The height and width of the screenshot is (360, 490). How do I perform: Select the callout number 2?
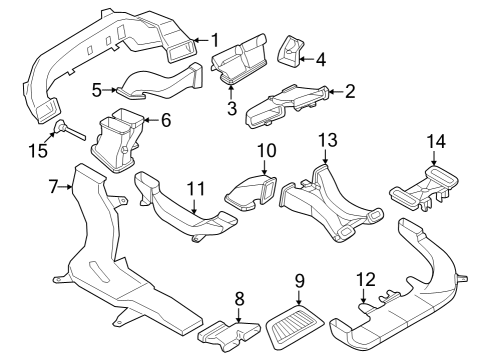coord(350,92)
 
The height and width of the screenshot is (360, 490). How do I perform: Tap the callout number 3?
coord(230,108)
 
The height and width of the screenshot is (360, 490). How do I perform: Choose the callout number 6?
coord(166,120)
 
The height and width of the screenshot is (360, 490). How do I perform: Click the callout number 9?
coord(298,281)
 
